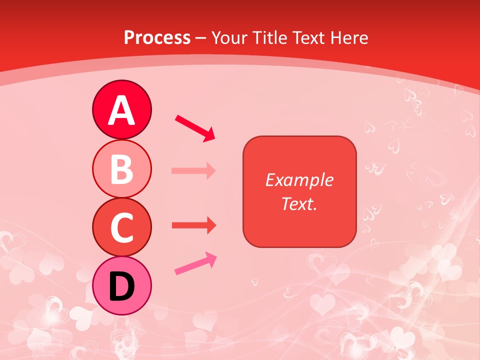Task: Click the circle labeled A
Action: pyautogui.click(x=121, y=110)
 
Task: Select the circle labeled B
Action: pyautogui.click(x=121, y=169)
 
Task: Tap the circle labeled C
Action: pyautogui.click(x=121, y=227)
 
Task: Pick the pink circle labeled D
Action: pyautogui.click(x=121, y=286)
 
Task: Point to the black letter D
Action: pyautogui.click(x=121, y=286)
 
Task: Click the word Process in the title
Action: pyautogui.click(x=157, y=37)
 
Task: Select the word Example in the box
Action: pyautogui.click(x=299, y=180)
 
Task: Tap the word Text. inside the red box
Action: pyautogui.click(x=299, y=203)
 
